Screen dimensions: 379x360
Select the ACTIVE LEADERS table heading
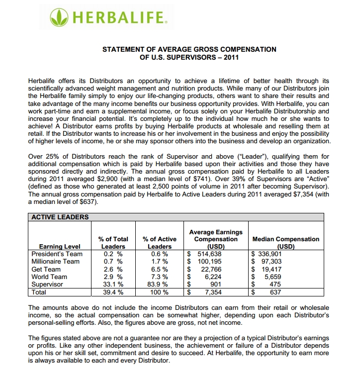[60, 217]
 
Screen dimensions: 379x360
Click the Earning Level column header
[59, 246]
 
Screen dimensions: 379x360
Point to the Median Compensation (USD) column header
[286, 243]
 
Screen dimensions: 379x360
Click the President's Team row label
[57, 254]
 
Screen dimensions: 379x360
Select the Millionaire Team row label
[55, 261]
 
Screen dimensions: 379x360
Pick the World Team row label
[49, 277]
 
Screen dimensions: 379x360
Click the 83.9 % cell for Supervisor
[160, 284]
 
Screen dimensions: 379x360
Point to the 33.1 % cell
[113, 284]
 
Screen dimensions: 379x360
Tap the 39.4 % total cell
[113, 292]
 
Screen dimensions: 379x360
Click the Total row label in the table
[39, 292]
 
